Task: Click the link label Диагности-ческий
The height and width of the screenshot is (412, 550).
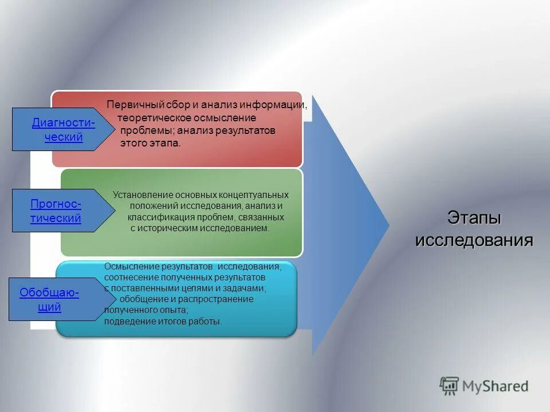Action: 63,130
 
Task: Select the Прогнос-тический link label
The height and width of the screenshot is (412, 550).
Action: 56,211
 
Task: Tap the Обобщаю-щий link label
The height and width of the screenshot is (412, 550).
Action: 49,300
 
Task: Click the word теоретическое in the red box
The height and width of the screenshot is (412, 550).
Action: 152,118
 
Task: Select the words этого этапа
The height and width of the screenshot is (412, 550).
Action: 150,144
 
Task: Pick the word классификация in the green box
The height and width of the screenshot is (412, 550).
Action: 156,217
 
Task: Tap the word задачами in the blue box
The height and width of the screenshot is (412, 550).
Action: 247,288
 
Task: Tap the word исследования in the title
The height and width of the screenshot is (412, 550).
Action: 474,240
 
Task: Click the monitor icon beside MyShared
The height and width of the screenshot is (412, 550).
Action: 450,386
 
